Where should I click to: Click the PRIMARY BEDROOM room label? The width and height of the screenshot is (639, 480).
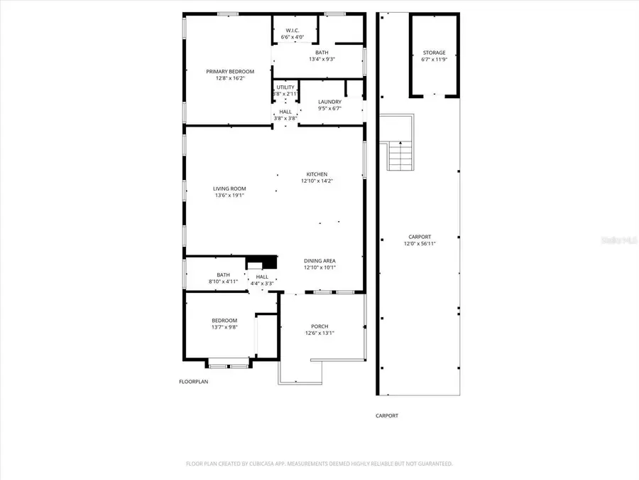[229, 71]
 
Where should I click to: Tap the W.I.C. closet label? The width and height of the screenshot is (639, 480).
[292, 30]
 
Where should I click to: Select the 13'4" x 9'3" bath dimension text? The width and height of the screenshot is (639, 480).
[321, 59]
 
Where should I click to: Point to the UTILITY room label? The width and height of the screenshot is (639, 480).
[285, 87]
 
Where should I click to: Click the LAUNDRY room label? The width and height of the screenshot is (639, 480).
[329, 102]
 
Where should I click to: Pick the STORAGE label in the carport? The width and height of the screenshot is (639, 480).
[434, 53]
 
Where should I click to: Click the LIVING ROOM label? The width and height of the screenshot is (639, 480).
[229, 188]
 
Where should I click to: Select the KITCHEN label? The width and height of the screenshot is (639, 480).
[317, 174]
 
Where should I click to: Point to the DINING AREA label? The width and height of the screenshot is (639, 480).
[319, 260]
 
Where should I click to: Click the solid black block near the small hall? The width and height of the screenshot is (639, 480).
[261, 261]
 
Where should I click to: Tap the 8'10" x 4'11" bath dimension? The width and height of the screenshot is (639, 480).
[224, 282]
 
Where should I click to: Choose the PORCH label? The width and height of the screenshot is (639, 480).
[319, 326]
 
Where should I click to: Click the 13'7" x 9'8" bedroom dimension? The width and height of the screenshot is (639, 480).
[224, 327]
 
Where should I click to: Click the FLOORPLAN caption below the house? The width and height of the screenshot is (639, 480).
[193, 382]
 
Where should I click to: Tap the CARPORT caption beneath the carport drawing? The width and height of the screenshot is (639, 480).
[387, 416]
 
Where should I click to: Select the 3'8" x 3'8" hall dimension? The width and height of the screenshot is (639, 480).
[285, 118]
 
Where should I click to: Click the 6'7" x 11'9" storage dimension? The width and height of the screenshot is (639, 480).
[434, 60]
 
